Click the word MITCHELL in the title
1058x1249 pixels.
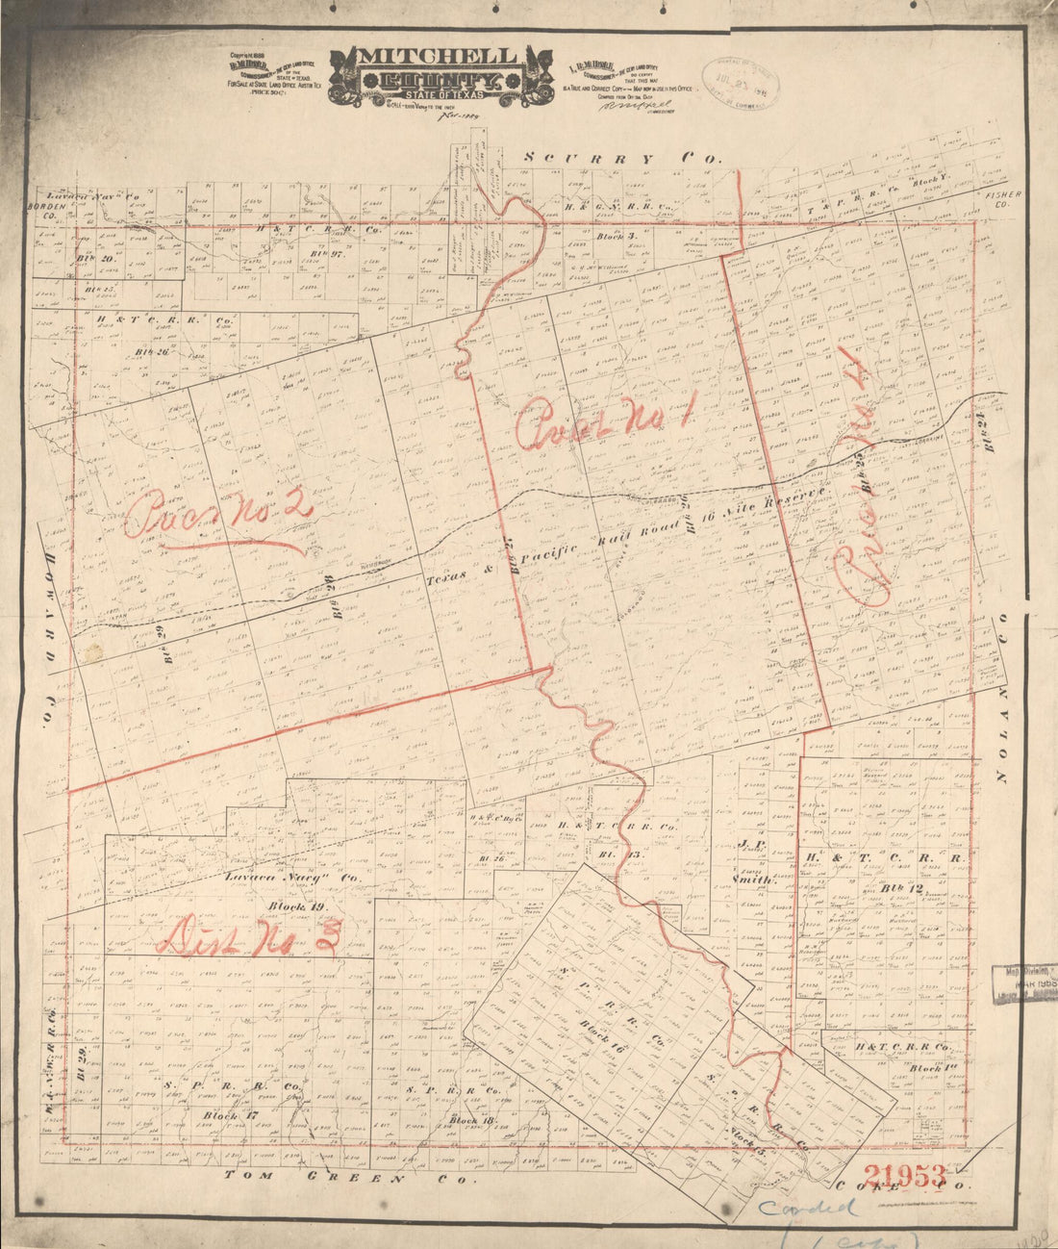tap(438, 56)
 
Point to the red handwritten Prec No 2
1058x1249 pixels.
tap(216, 517)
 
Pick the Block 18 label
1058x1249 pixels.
tap(470, 1121)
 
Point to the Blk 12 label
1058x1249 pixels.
tap(887, 888)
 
